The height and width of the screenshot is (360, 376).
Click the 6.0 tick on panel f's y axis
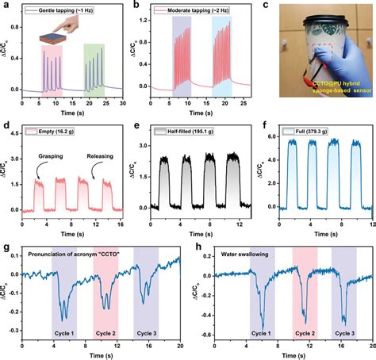264,136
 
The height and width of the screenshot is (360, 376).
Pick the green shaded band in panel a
93,67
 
